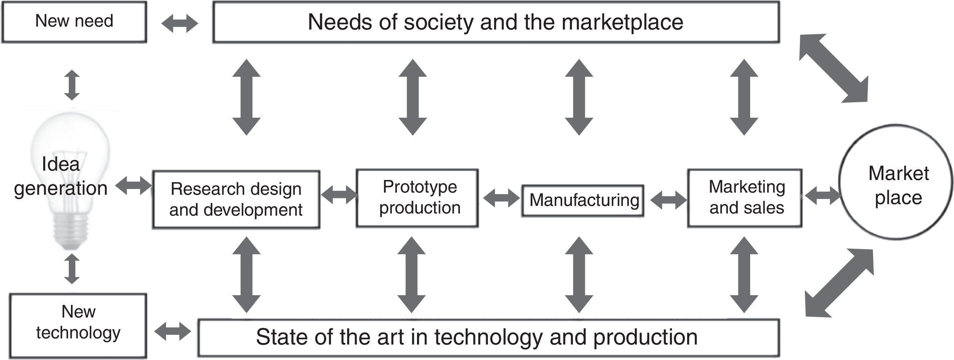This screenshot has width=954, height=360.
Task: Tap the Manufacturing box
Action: coord(583,201)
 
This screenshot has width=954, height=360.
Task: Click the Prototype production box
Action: coord(417,198)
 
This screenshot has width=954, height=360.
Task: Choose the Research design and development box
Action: coord(236,199)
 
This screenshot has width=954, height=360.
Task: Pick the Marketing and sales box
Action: coord(745,198)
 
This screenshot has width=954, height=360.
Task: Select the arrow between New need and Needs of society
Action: coord(180,24)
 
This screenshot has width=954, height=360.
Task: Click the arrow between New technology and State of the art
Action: coord(173,331)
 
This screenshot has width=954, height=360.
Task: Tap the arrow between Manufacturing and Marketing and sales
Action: coord(668,200)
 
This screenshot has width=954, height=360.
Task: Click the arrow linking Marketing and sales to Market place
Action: coord(822,195)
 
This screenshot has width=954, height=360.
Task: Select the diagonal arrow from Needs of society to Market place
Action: coord(833,68)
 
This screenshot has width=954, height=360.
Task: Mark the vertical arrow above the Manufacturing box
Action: coord(579,97)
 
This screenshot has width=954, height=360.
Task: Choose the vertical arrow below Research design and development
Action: coord(246,274)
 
